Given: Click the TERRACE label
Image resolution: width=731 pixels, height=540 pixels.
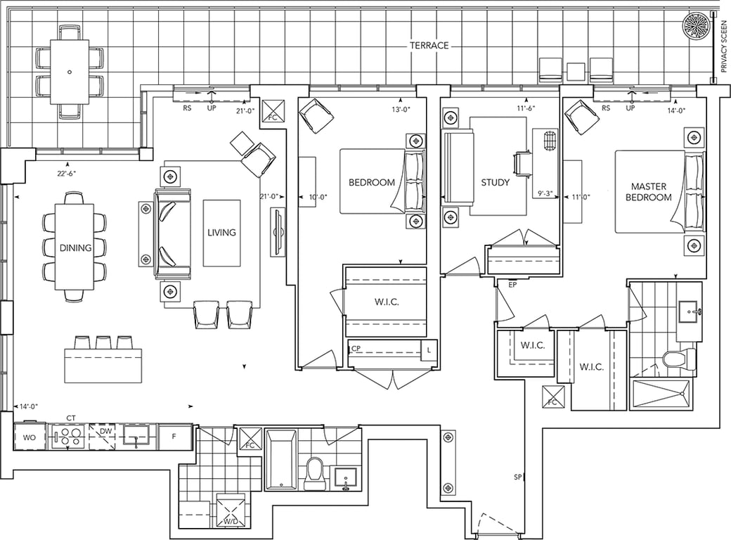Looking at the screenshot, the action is [429, 45].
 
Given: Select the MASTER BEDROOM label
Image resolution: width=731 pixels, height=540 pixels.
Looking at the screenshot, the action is [648, 192].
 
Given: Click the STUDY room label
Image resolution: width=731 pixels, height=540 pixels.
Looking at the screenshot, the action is [495, 182].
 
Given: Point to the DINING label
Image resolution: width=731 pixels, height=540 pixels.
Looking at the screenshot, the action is [75, 247].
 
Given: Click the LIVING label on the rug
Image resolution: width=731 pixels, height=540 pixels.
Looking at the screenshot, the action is [221, 232].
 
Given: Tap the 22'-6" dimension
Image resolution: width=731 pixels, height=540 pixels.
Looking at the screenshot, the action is [67, 174].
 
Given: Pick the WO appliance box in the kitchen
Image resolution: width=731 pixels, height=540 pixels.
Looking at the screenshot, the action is [30, 437].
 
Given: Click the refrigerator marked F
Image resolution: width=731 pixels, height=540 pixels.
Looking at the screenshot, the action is [175, 437].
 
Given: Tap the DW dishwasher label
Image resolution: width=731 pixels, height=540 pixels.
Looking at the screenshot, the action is [106, 431].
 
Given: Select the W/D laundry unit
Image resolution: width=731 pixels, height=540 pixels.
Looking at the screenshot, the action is [231, 510].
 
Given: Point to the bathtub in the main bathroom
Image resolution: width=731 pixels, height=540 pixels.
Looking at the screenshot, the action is [280, 460].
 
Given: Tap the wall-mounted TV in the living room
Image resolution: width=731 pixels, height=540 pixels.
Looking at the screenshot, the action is [278, 232].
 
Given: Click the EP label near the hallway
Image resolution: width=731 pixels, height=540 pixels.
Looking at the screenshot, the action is [512, 285].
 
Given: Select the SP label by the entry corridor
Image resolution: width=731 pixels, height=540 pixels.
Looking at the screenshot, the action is [517, 477].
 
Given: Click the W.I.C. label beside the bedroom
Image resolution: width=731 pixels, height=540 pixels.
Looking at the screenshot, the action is [387, 302].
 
